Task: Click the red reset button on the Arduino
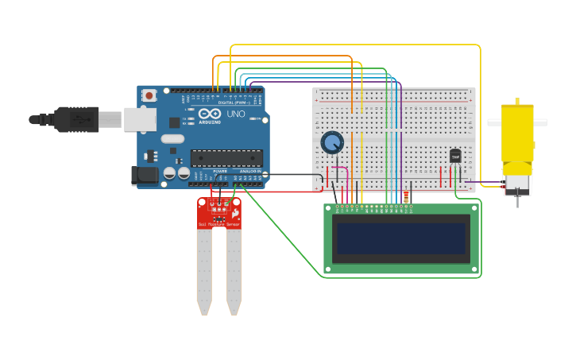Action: click(149, 95)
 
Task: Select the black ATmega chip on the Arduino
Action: click(226, 158)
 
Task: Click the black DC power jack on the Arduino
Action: click(145, 176)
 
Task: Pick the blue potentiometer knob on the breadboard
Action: click(332, 143)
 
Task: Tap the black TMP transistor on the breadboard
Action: click(455, 157)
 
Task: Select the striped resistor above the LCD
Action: click(407, 196)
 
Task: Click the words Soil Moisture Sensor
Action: click(218, 225)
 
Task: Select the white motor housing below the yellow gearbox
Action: click(517, 184)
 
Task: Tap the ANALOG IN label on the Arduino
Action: click(250, 171)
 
